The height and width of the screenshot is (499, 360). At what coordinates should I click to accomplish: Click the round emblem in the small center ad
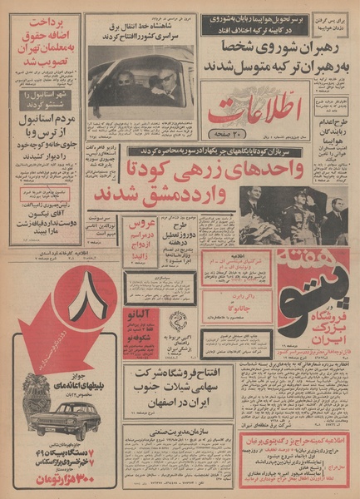tap(179, 320)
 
